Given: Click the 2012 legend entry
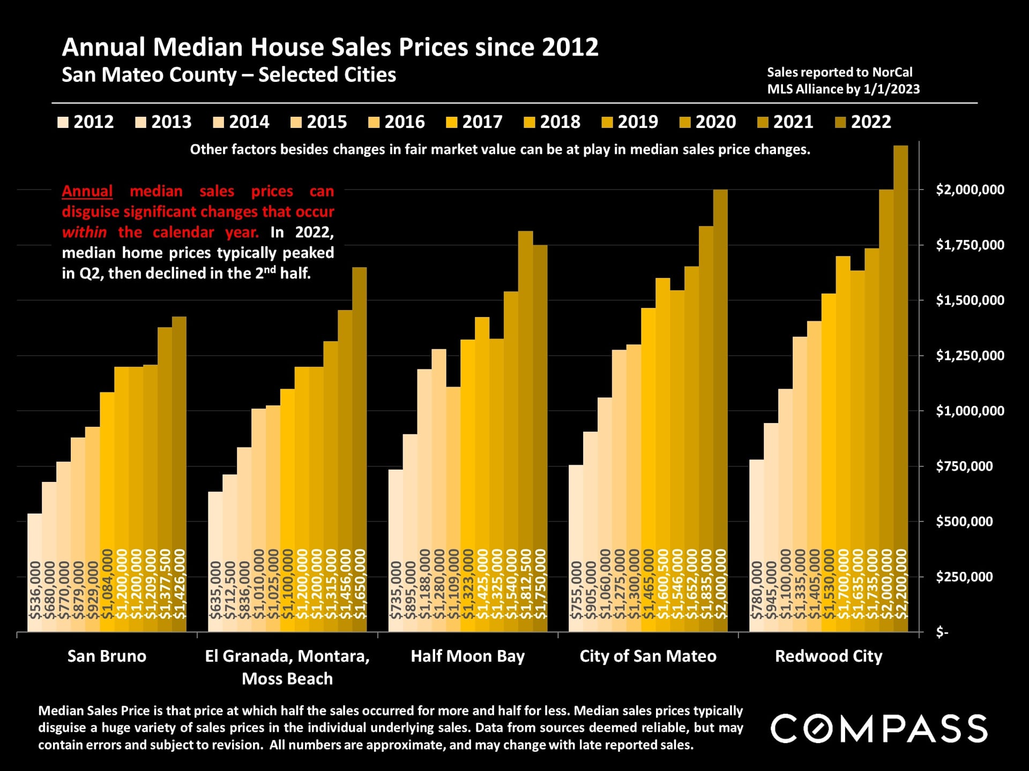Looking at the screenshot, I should coord(86,122).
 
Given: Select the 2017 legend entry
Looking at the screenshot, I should coord(474,122).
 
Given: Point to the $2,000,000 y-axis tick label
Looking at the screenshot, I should coord(970,190).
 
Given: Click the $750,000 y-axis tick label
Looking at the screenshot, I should coord(964,466).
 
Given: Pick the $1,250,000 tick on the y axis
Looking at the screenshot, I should coord(970,356).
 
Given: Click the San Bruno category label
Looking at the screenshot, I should coord(107,656).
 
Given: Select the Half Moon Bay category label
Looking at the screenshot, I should coord(467,656).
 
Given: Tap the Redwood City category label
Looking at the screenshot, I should coord(829,656).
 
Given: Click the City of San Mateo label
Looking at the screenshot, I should coord(648,656).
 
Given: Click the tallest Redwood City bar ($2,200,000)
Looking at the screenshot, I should coord(901,385).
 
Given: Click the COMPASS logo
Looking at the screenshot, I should coord(879,728).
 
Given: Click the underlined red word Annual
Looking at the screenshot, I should coord(87,191).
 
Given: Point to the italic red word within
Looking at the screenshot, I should coord(84,232).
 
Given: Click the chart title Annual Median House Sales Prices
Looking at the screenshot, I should coord(330,47).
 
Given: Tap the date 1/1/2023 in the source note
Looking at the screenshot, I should coord(892,89).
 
